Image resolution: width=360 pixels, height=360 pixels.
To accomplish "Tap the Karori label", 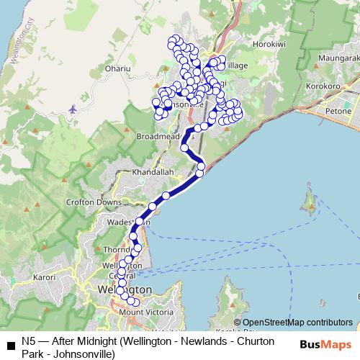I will (x=44, y=276).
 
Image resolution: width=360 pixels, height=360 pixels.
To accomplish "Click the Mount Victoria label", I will (x=145, y=312).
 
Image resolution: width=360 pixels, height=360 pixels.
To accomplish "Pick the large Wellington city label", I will (x=120, y=289).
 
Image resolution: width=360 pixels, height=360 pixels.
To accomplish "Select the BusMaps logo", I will (x=328, y=344).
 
